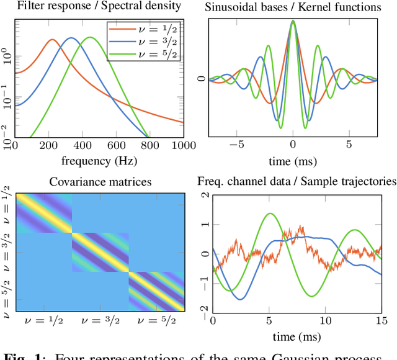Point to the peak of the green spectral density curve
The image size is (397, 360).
(91, 38)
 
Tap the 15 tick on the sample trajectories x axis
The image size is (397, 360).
(381, 320)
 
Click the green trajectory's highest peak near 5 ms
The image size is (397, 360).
(270, 214)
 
